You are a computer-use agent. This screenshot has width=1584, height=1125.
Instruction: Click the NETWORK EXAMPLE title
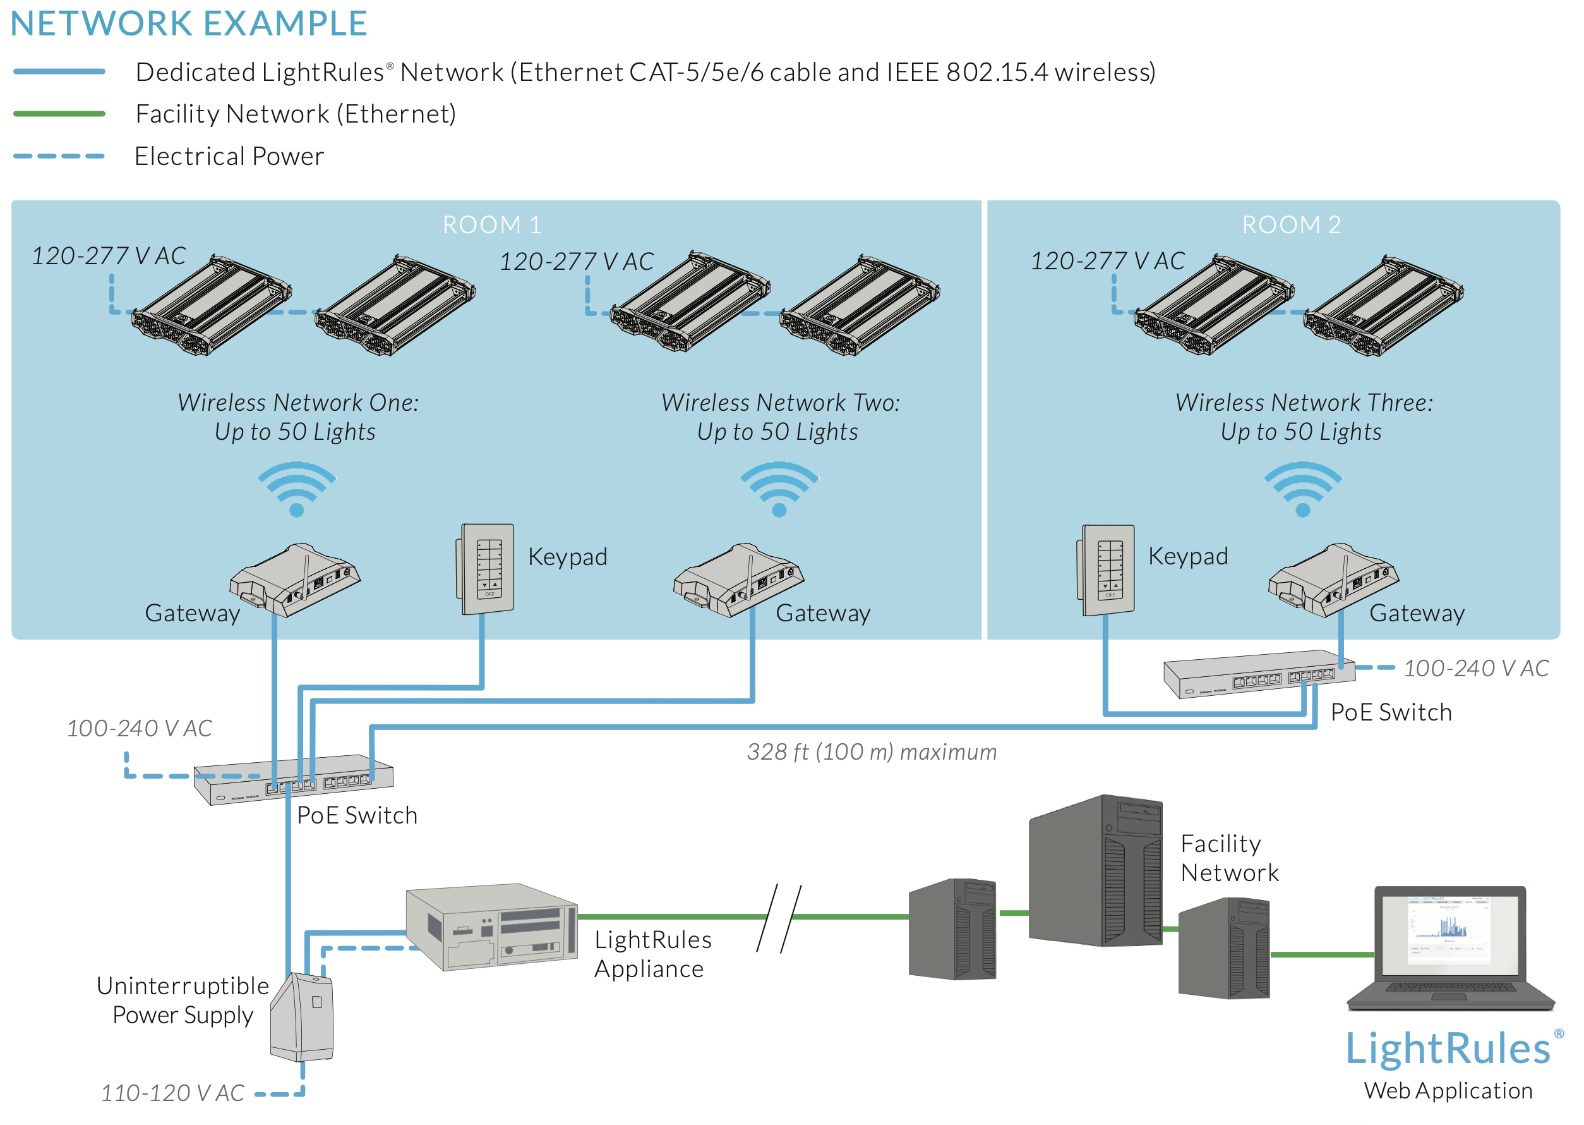188,23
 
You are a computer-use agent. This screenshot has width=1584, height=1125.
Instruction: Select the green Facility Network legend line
59,114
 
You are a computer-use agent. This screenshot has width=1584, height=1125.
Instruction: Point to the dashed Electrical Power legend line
59,156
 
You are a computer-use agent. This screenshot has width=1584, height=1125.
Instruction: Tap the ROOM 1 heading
491,224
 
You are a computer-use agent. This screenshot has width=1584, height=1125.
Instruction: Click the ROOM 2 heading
1290,224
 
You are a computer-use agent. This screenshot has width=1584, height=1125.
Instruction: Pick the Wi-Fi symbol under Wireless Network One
296,489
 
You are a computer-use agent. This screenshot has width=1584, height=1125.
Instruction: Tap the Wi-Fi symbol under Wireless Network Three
1302,489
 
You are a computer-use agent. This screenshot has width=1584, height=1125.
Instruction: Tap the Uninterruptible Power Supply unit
303,1016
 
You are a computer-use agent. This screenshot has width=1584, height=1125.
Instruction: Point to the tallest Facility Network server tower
1095,871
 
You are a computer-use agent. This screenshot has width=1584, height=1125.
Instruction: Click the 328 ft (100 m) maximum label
872,751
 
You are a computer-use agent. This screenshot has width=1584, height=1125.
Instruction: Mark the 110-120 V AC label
172,1092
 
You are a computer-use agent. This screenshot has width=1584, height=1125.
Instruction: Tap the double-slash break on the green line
779,917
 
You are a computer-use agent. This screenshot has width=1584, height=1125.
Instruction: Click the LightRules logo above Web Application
1448,1048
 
